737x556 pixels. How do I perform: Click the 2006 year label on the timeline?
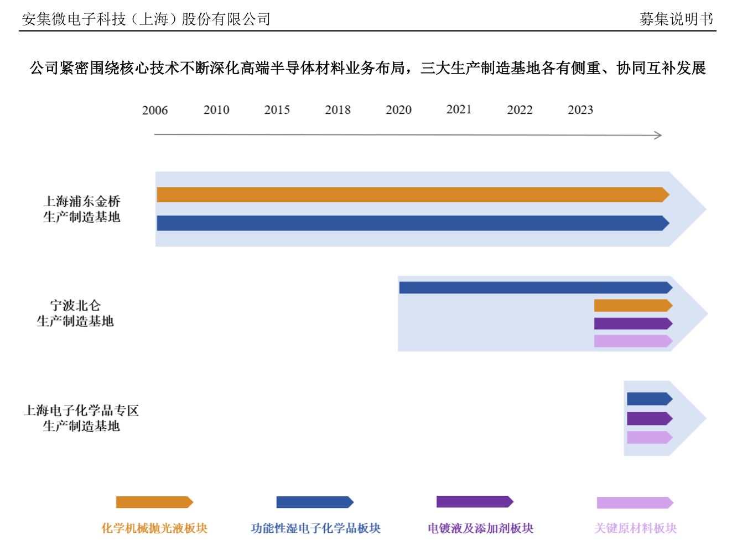155,110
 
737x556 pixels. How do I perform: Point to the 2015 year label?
277,110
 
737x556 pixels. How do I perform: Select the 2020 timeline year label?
398,110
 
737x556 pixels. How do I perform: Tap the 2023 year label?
580,110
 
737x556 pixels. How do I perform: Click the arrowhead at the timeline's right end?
658,135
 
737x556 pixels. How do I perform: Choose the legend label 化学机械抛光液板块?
154,528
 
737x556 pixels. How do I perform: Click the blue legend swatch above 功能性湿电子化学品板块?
314,502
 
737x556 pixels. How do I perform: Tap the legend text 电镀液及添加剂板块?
480,528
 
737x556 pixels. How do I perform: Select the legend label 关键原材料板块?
635,528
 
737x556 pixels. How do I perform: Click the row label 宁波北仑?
75,306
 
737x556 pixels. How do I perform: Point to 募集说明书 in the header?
676,19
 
